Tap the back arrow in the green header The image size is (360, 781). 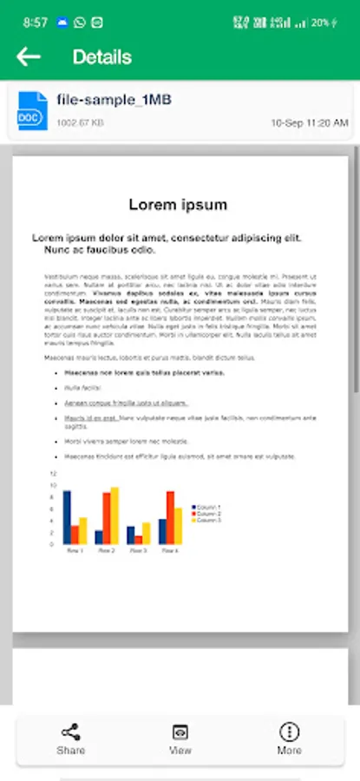(x=29, y=57)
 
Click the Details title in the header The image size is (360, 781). (x=102, y=57)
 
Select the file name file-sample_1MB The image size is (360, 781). (x=114, y=100)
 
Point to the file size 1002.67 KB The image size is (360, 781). (x=80, y=123)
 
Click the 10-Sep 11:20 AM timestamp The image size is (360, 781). (x=309, y=123)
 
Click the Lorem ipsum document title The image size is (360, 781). (x=178, y=205)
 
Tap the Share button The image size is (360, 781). (x=71, y=738)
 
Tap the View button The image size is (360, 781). (x=180, y=738)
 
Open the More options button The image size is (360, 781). (x=289, y=738)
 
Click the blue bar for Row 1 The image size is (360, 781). (x=67, y=517)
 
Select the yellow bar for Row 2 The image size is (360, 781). (x=115, y=516)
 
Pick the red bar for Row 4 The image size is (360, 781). (x=170, y=517)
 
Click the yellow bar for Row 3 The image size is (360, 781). (x=147, y=533)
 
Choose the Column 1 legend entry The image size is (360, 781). (x=207, y=507)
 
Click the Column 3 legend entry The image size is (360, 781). (x=207, y=520)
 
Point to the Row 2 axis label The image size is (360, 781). (x=106, y=551)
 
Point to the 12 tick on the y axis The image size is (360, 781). (x=53, y=474)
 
